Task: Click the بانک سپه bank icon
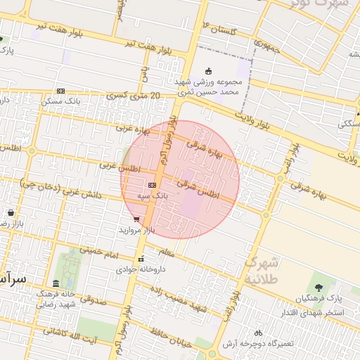pos(152,185)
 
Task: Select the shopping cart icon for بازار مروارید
pos(136,219)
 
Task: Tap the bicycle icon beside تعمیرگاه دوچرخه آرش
pos(258,333)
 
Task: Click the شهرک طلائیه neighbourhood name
pos(262,271)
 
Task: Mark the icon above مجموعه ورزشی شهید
pos(207,70)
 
